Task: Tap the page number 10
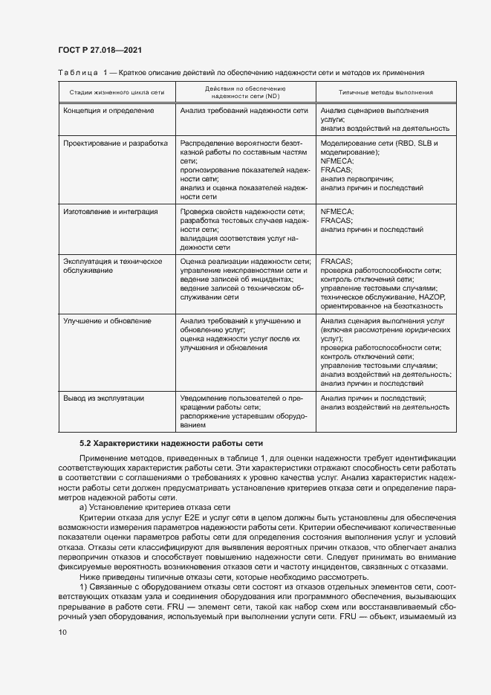tap(62, 632)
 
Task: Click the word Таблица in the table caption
tap(77, 73)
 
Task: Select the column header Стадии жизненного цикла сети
tap(116, 92)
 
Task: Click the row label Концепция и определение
tap(108, 110)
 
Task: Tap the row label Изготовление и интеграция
tap(111, 212)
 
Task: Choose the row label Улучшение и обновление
tap(107, 321)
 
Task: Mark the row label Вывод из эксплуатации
tap(103, 398)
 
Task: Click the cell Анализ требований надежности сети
tap(244, 110)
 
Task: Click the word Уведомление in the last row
tap(205, 398)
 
